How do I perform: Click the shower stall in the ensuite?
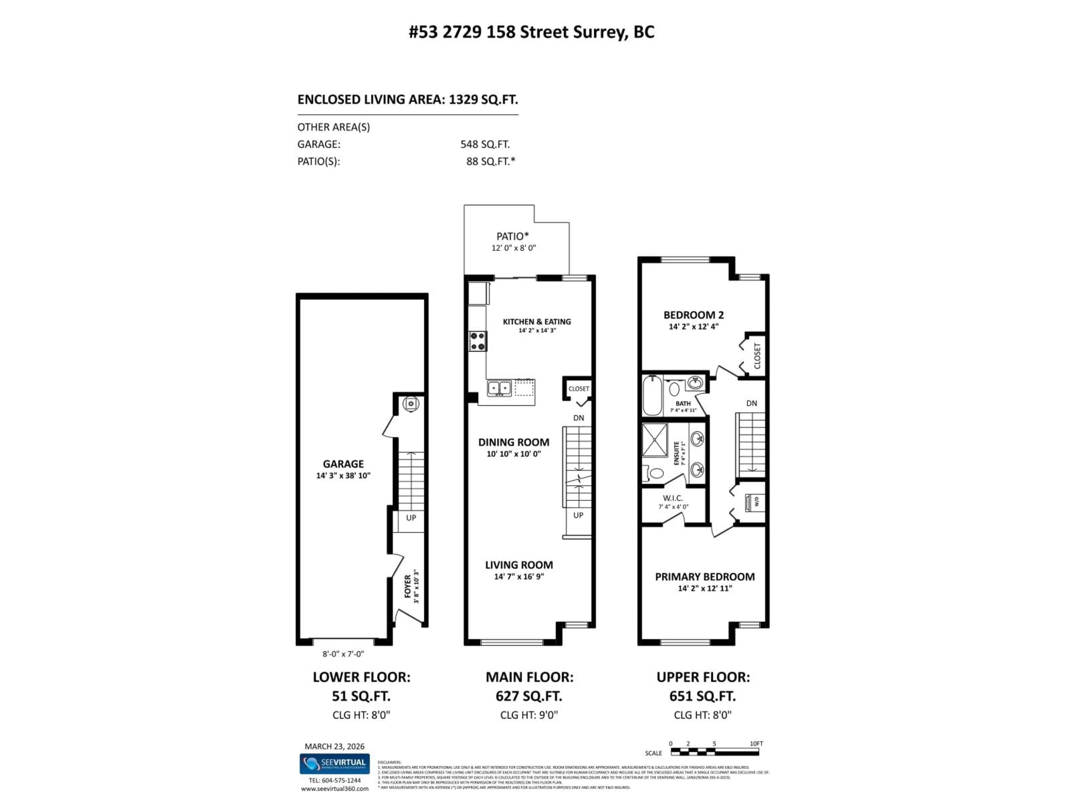click(655, 440)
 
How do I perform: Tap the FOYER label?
click(408, 586)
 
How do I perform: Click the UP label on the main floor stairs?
click(578, 515)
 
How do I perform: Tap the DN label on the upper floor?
click(751, 403)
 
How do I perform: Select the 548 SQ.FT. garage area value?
click(485, 144)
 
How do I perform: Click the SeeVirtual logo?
click(334, 764)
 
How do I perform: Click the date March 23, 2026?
click(334, 746)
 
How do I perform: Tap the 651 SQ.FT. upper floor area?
click(702, 696)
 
